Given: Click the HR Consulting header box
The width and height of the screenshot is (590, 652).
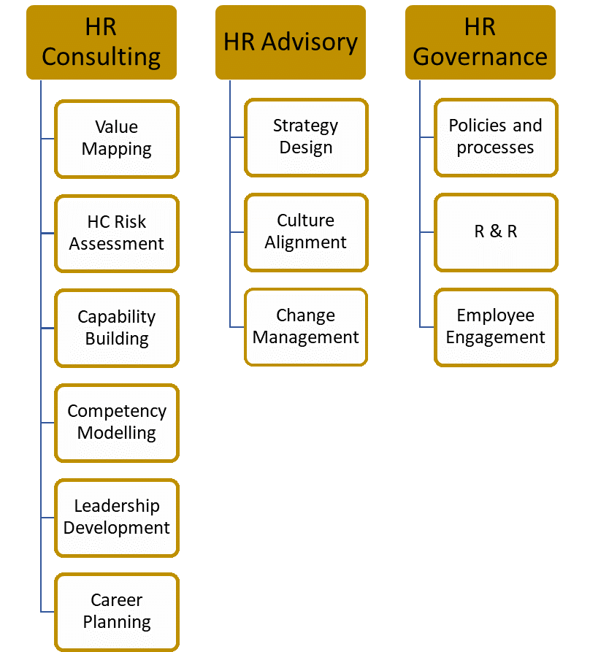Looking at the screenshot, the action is coord(101,42).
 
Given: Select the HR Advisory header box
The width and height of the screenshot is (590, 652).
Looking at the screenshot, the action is coord(291,42).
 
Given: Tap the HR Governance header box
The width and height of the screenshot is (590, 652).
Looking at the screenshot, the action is coord(480,42).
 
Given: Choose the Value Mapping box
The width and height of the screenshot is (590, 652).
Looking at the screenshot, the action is coord(117,139).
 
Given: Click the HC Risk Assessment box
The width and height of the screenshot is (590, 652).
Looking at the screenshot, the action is coord(117,233).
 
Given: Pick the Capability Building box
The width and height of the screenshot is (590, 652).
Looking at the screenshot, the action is coord(117,328).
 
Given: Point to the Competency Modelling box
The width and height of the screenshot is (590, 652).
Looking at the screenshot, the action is coord(117,422).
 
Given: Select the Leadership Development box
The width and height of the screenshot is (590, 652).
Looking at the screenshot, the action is coord(117,517).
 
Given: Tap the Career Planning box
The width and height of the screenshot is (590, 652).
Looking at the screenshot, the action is coord(117,611).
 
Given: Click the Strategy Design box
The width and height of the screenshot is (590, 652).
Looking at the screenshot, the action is coord(306,137).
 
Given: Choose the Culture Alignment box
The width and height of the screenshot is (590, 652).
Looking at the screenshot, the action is coord(306,231).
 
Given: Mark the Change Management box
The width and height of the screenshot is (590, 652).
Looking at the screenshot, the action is coord(306,326).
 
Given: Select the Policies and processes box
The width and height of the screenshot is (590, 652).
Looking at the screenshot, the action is coord(496,137).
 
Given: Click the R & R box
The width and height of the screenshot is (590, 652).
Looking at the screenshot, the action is coord(496,231).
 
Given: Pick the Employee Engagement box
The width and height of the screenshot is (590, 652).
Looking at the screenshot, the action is coord(496,326).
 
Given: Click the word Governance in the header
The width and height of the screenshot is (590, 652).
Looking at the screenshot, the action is coord(480,57).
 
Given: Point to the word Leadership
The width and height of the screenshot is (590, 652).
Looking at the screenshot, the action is coord(117,506).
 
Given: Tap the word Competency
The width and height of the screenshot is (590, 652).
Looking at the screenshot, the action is coord(117,412).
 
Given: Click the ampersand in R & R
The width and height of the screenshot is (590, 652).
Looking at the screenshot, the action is coord(496,231).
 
